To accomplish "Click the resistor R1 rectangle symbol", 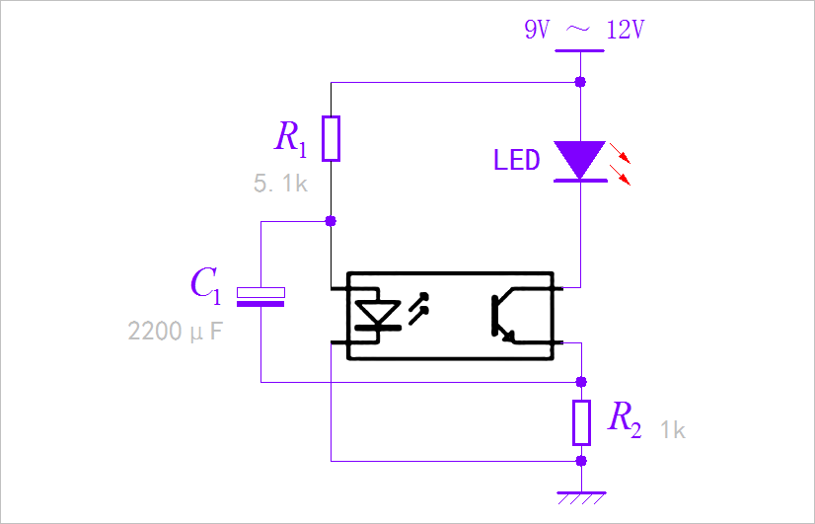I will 332,138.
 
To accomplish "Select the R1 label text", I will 291,139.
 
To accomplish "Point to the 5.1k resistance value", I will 281,183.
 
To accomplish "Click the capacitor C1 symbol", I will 260,296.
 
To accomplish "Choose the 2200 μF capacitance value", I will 176,331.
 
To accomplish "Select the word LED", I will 517,160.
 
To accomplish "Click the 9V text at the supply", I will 537,30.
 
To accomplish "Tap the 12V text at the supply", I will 625,30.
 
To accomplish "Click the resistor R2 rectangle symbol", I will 581,421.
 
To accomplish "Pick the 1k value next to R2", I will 673,430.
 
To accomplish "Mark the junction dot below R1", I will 332,221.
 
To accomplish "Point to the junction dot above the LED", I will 580,81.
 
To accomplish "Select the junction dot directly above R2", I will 581,381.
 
